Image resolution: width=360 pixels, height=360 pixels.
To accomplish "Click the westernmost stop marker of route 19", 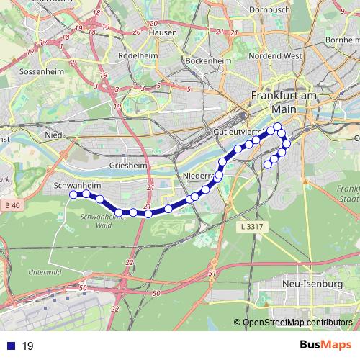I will tap(73, 194).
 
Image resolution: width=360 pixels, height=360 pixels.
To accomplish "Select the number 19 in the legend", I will tap(28, 346).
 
